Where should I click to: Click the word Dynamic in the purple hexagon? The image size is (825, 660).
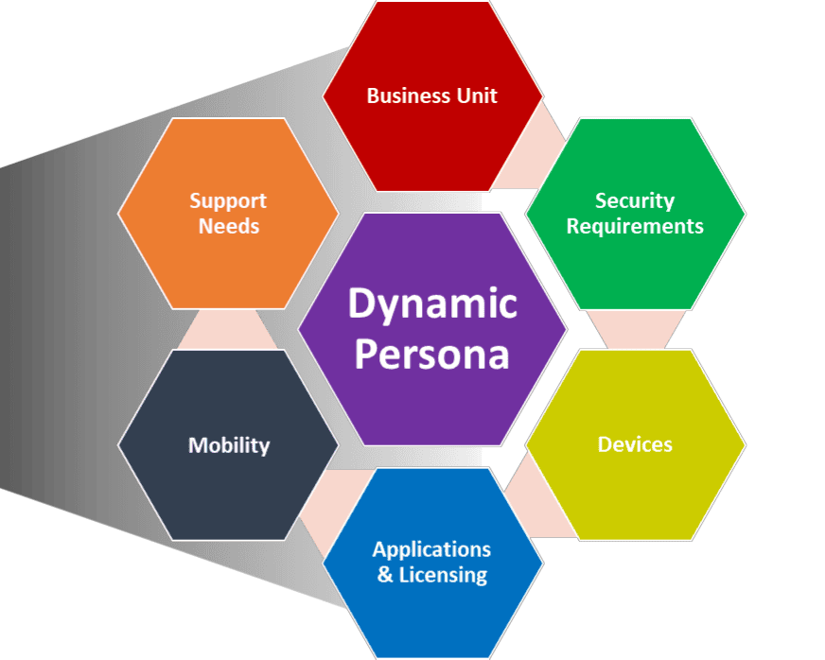pyautogui.click(x=432, y=304)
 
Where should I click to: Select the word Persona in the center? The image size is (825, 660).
pyautogui.click(x=432, y=356)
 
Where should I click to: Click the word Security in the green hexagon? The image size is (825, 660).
pyautogui.click(x=635, y=200)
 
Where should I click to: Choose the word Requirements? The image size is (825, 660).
pyautogui.click(x=635, y=226)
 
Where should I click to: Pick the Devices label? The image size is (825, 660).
pyautogui.click(x=635, y=444)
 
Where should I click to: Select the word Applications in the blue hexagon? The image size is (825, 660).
pyautogui.click(x=431, y=549)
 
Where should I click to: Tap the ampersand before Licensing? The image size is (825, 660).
pyautogui.click(x=385, y=574)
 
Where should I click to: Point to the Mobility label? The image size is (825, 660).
pyautogui.click(x=229, y=445)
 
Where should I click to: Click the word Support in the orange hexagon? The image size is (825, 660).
pyautogui.click(x=228, y=200)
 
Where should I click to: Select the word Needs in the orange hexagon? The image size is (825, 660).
pyautogui.click(x=228, y=226)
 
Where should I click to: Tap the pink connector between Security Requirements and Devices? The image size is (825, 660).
pyautogui.click(x=635, y=329)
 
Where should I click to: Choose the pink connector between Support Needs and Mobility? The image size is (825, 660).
pyautogui.click(x=228, y=329)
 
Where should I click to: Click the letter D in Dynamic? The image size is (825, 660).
pyautogui.click(x=360, y=304)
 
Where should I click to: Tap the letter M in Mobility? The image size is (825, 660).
pyautogui.click(x=197, y=445)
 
